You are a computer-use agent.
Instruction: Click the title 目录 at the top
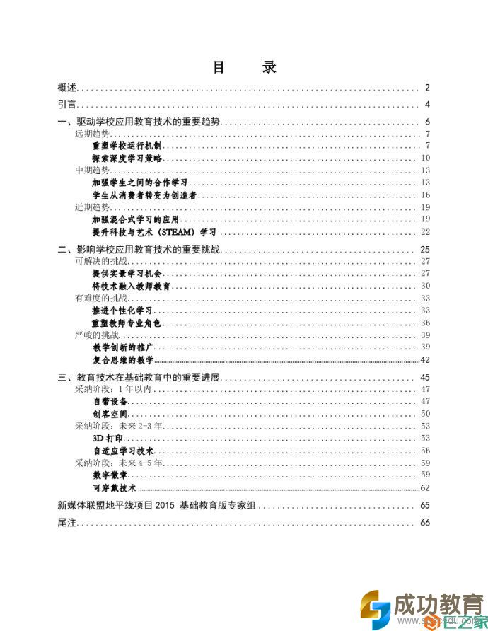point(244,67)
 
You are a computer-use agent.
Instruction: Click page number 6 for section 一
point(427,122)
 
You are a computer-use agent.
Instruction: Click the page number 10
point(425,158)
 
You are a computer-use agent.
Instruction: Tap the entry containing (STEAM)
point(153,231)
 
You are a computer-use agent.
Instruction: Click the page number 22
point(425,231)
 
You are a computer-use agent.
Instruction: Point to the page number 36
point(425,323)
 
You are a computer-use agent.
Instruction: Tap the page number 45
point(425,377)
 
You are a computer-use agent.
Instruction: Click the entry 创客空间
point(110,414)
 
